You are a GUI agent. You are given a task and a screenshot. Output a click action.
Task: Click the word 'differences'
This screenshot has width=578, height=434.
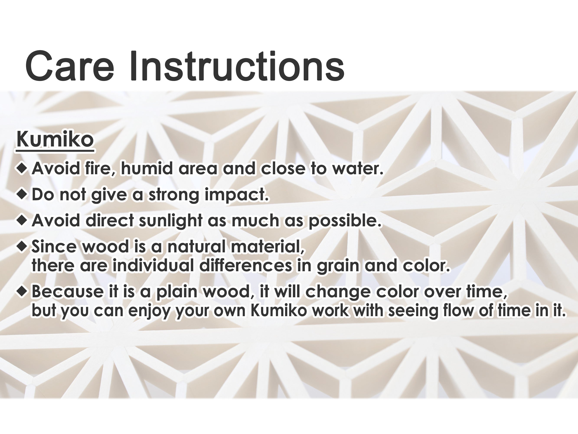245,266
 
